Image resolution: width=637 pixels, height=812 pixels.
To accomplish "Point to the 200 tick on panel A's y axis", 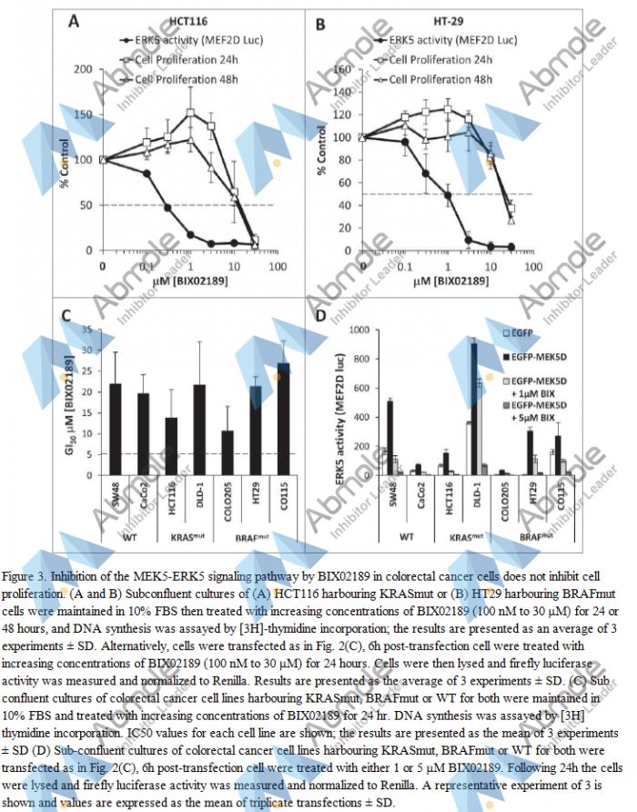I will point(86,69).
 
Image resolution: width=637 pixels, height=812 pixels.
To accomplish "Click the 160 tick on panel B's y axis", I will point(344,69).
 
